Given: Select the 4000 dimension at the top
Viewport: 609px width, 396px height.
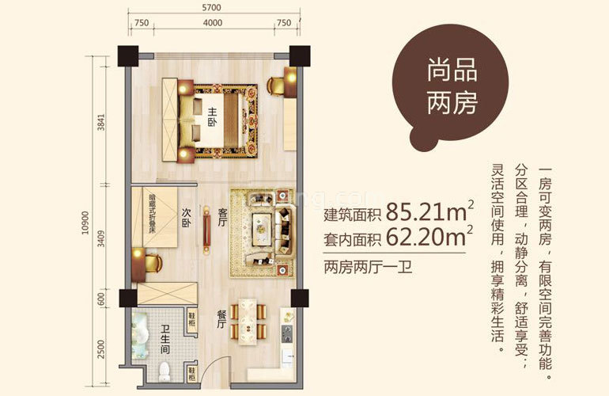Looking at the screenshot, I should coord(211,23).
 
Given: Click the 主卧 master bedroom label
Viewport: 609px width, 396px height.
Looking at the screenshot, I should coord(212,118).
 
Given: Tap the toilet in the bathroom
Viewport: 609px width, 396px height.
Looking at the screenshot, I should coord(165,371).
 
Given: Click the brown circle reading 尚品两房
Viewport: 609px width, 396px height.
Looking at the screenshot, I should coord(452,85).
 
